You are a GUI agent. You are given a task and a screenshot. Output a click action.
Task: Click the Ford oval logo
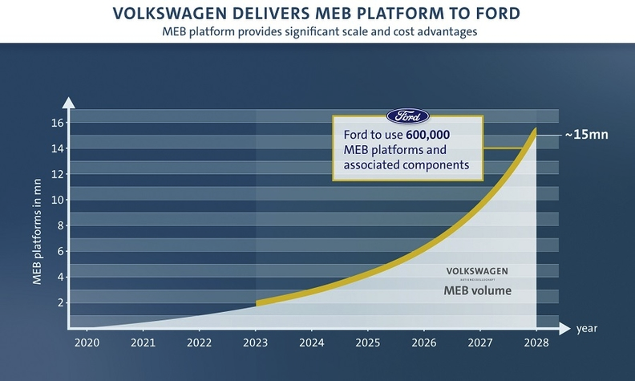(x=407, y=116)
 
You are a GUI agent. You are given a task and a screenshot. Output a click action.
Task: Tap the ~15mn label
(x=586, y=135)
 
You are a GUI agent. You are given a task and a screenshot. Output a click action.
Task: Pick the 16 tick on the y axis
(x=57, y=123)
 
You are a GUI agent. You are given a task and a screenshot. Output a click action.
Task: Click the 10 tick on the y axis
(x=57, y=200)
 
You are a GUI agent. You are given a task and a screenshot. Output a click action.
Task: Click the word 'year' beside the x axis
(x=585, y=328)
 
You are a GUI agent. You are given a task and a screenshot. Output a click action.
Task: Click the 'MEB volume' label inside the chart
(x=477, y=290)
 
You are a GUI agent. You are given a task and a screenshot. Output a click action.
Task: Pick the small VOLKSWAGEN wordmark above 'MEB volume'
(x=477, y=270)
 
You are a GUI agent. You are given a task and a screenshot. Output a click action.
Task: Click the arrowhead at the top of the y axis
(x=70, y=102)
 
